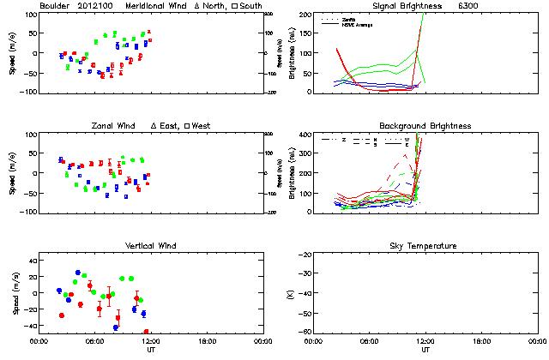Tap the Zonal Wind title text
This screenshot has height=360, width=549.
coord(114,126)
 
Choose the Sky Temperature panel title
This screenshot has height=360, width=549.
coord(425,246)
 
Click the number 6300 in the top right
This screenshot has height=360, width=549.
coord(494,6)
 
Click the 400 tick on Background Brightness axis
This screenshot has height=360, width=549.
coord(304,135)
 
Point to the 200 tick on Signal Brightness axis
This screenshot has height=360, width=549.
coord(304,15)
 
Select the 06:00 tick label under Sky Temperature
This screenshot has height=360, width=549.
coord(370,341)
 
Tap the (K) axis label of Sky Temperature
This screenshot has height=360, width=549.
coord(292,293)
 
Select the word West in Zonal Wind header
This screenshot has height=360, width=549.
coord(202,126)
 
